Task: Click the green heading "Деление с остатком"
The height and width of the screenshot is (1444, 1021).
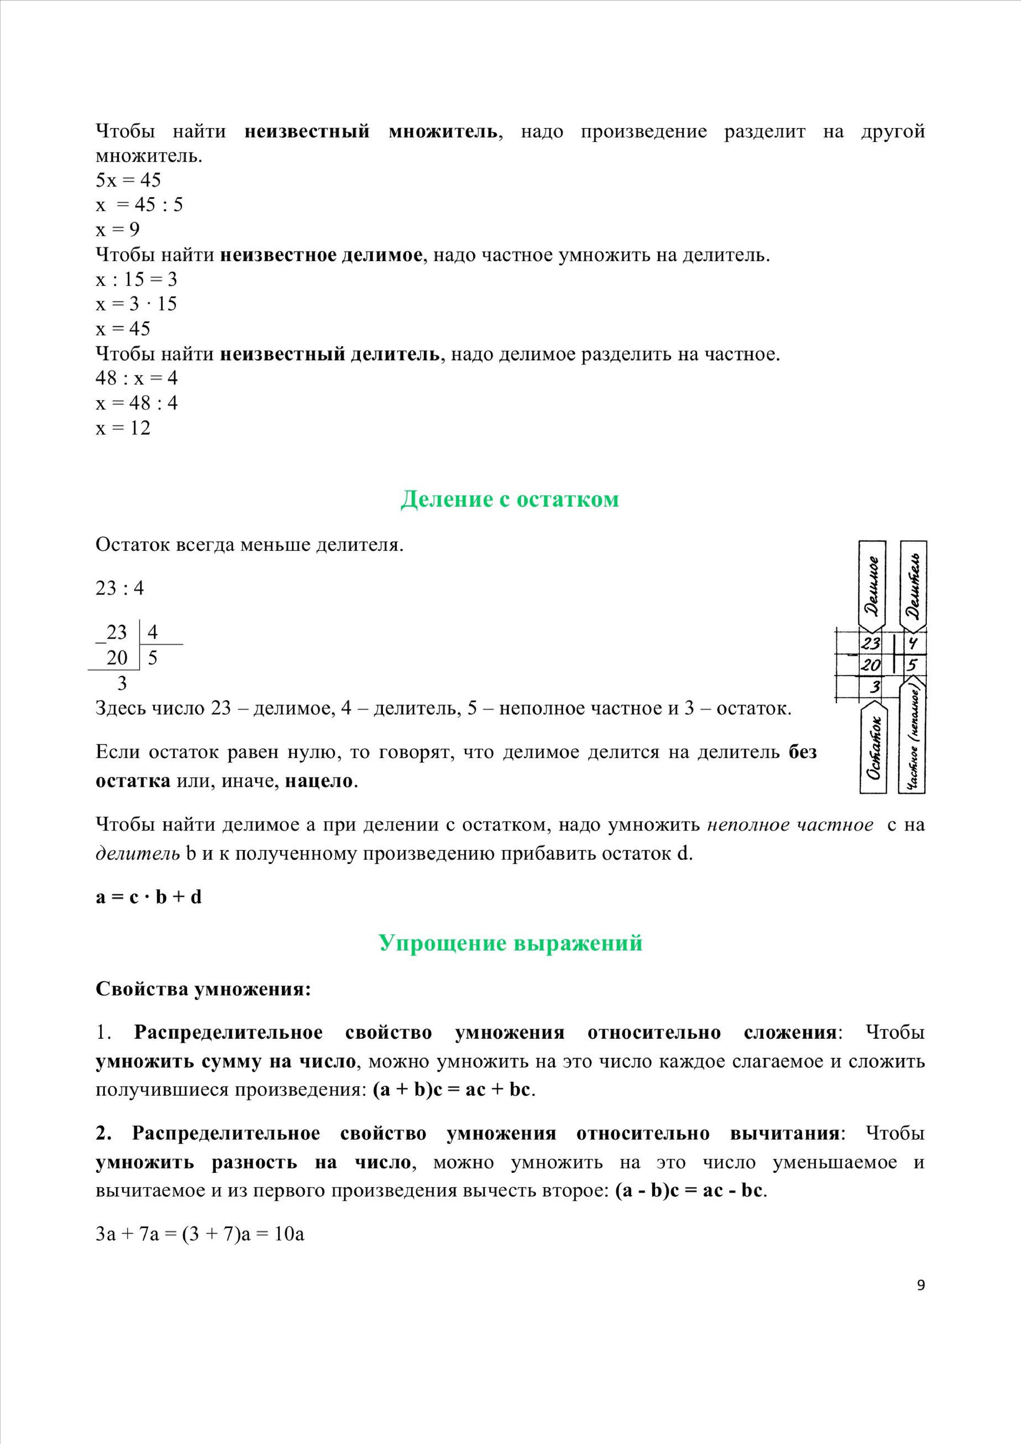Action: tap(509, 499)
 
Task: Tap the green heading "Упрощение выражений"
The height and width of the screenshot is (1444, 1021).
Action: tap(510, 943)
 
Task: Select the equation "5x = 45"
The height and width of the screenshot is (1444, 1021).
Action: tap(128, 181)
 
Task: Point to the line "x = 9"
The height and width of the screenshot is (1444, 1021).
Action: tap(118, 230)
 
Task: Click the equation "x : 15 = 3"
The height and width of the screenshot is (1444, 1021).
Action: tap(137, 279)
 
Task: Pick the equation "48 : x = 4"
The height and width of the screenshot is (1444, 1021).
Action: tap(137, 378)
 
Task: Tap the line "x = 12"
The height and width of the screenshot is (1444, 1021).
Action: tap(123, 427)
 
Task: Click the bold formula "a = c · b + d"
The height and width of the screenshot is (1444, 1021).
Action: tap(148, 897)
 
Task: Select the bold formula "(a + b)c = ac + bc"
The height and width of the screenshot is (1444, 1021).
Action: tap(451, 1089)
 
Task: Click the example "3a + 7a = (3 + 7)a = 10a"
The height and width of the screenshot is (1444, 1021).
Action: tap(200, 1234)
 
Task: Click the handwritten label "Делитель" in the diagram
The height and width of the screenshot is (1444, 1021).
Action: tap(914, 586)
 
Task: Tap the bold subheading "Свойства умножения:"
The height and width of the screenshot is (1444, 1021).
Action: tap(203, 989)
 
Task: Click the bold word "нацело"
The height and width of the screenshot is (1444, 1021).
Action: tap(320, 781)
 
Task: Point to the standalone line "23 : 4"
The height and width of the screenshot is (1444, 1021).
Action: tap(120, 588)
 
